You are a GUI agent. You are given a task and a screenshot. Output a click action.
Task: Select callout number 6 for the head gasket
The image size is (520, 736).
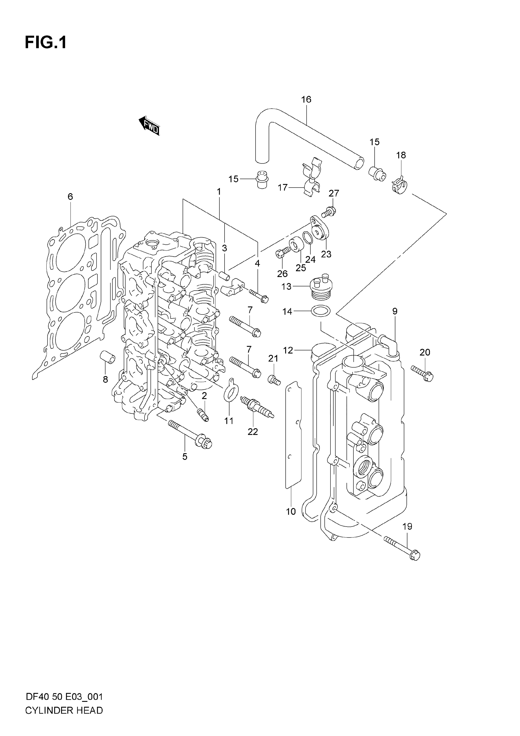[70, 197]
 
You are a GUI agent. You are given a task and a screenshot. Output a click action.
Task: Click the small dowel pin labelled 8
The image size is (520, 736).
[108, 357]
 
